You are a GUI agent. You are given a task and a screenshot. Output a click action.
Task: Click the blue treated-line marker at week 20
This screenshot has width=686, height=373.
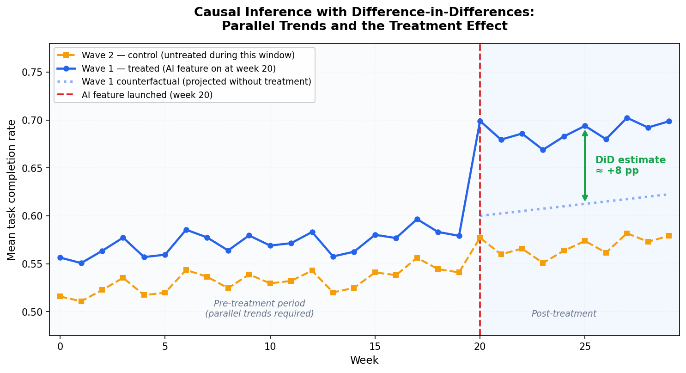pos(480,121)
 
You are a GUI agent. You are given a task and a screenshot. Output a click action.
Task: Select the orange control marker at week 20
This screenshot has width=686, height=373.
pos(480,238)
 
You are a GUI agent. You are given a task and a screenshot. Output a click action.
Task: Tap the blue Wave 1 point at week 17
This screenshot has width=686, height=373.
pos(417,219)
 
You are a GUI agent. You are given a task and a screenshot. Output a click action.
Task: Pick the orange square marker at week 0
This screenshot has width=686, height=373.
pos(60,296)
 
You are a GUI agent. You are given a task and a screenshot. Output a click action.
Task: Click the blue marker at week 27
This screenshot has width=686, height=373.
pos(627,118)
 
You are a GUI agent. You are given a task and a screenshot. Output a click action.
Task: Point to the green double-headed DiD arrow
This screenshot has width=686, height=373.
pos(585,165)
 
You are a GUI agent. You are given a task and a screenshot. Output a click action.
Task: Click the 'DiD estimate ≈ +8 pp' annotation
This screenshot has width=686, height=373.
pos(630,165)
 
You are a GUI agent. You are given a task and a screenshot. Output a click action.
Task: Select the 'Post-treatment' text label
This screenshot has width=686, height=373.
pos(564,314)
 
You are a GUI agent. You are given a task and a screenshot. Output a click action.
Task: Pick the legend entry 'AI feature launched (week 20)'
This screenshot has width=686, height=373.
pos(147,95)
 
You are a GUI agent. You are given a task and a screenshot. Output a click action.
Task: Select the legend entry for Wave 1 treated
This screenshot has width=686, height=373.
pos(178,68)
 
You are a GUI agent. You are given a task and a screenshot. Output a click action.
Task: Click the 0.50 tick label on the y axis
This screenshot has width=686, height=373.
pos(32,312)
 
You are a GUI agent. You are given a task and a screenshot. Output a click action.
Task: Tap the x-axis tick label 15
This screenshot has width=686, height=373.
pos(375,346)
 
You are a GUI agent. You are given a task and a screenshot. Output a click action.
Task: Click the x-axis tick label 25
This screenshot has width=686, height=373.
pos(585,346)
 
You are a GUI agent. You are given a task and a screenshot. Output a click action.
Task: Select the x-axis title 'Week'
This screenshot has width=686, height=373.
pos(364,361)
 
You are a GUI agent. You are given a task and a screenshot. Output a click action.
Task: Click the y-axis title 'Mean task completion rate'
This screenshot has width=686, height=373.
pos(12,190)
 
